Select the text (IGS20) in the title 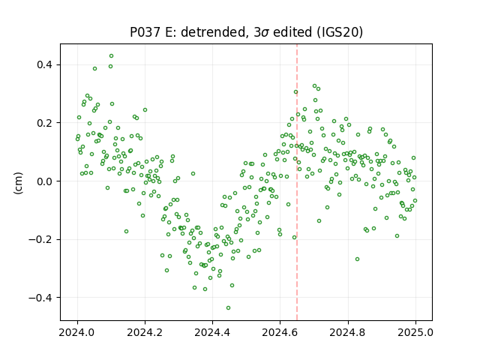[340, 32]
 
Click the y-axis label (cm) [18, 183]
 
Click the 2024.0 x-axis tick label [77, 332]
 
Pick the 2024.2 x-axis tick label [145, 332]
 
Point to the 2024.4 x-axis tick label [212, 332]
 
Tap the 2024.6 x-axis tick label [280, 332]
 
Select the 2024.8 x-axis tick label [348, 332]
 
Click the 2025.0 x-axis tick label [415, 332]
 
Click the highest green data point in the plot [112, 56]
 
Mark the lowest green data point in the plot [228, 308]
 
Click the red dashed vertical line [297, 182]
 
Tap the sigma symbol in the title [265, 33]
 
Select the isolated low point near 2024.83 [357, 259]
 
